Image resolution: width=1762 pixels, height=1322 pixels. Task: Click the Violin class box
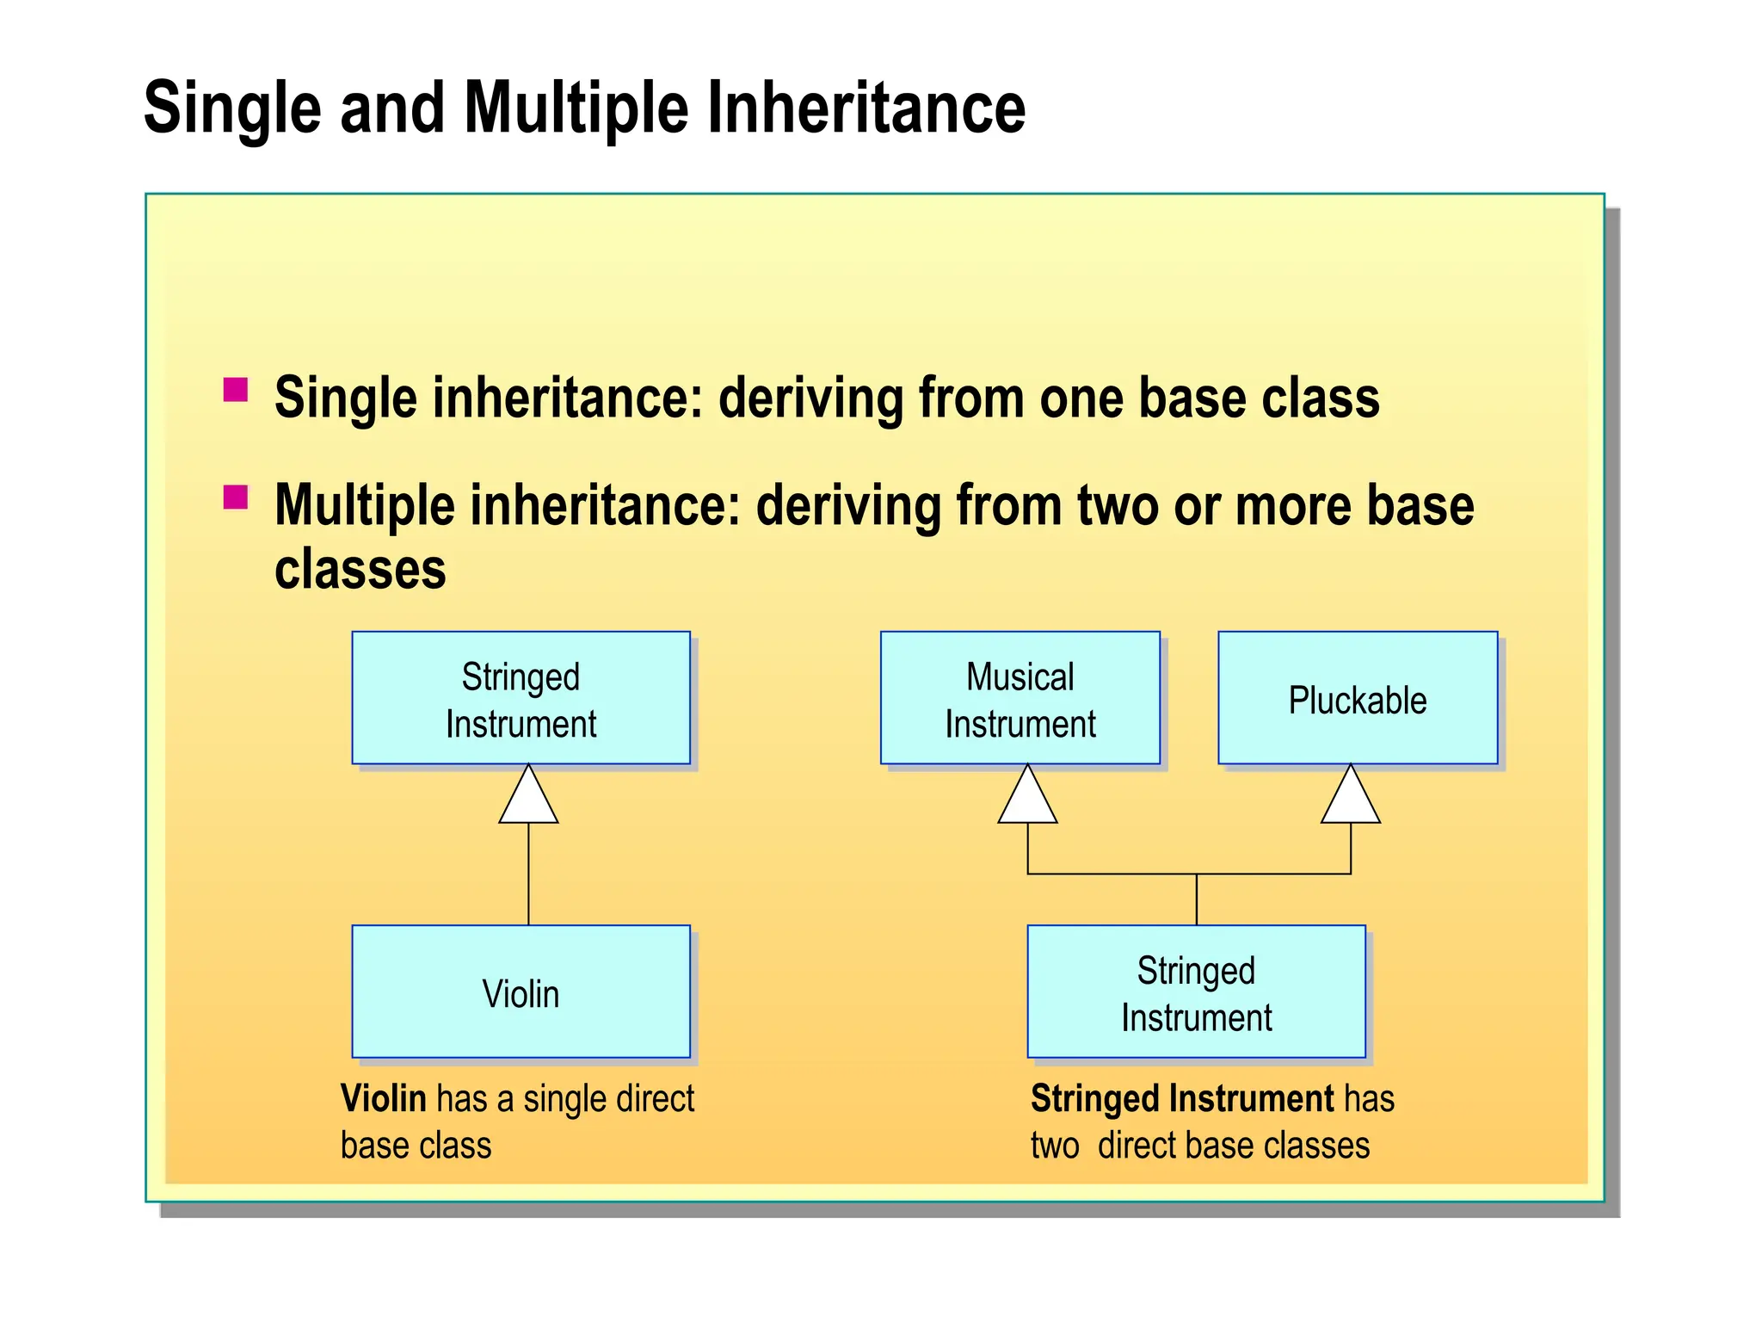521,991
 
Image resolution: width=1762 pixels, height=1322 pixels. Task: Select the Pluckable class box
1357,698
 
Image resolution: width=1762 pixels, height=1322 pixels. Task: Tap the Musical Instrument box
1020,698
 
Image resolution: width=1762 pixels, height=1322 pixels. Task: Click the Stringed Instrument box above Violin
521,698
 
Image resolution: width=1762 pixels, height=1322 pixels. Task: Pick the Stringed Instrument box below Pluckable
1196,991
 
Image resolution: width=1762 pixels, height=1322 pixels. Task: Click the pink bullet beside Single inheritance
235,390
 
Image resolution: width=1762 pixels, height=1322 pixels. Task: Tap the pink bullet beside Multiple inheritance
235,497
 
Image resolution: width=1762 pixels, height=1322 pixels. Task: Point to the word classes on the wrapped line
360,570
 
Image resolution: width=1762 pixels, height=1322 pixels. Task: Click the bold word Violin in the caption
384,1099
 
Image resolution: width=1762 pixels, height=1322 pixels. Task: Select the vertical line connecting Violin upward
528,874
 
